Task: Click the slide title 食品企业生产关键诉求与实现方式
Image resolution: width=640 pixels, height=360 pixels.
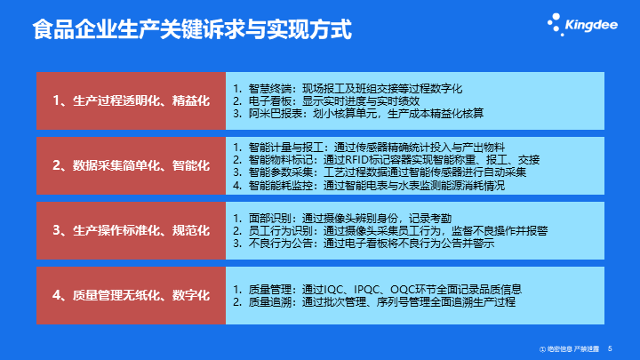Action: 190,30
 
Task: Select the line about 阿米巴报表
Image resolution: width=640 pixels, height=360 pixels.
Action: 364,114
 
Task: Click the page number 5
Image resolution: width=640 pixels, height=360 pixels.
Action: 610,348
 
